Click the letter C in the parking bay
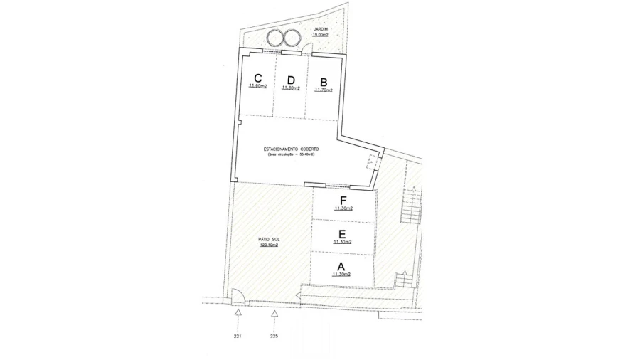(x=258, y=78)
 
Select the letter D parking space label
(x=290, y=80)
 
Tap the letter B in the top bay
(x=324, y=81)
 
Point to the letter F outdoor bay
(x=343, y=200)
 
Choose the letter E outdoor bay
(x=342, y=233)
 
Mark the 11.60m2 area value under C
(x=258, y=86)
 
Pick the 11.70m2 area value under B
(x=324, y=90)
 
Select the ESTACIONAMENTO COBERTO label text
(x=291, y=149)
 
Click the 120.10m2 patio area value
(x=268, y=245)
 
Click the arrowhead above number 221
(x=238, y=311)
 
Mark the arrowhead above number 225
(x=275, y=311)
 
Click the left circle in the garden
(x=274, y=38)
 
